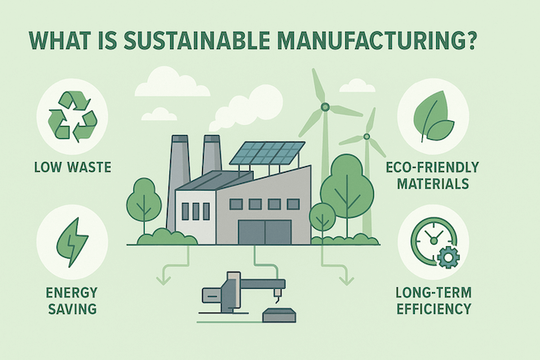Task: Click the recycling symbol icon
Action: coord(72,116)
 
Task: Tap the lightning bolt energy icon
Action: coord(72,242)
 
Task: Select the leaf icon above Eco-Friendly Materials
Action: coord(434,116)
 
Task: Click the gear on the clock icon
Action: coord(448,257)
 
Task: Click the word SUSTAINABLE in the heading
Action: coord(196,42)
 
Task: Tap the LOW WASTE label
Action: coord(73,168)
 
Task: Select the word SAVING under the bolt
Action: coord(72,309)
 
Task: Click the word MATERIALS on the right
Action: coord(433,183)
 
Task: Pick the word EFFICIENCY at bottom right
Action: coord(434,308)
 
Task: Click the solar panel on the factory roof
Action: coord(268,153)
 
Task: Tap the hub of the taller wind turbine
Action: coord(325,107)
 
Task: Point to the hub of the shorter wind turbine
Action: coord(367,137)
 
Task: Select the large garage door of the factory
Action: coord(265,232)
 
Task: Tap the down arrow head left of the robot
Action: coord(164,279)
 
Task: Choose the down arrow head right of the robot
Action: coord(346,279)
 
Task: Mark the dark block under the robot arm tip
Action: coord(279,315)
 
